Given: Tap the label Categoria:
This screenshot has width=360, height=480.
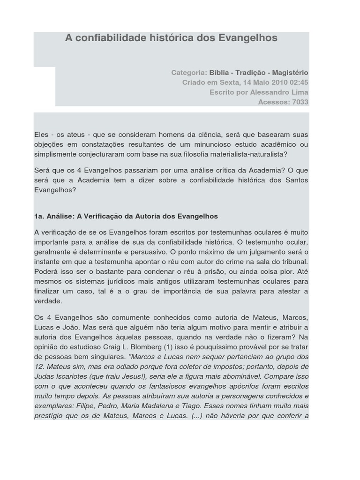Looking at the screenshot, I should tap(189, 73).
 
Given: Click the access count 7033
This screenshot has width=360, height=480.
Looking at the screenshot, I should tap(300, 102).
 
